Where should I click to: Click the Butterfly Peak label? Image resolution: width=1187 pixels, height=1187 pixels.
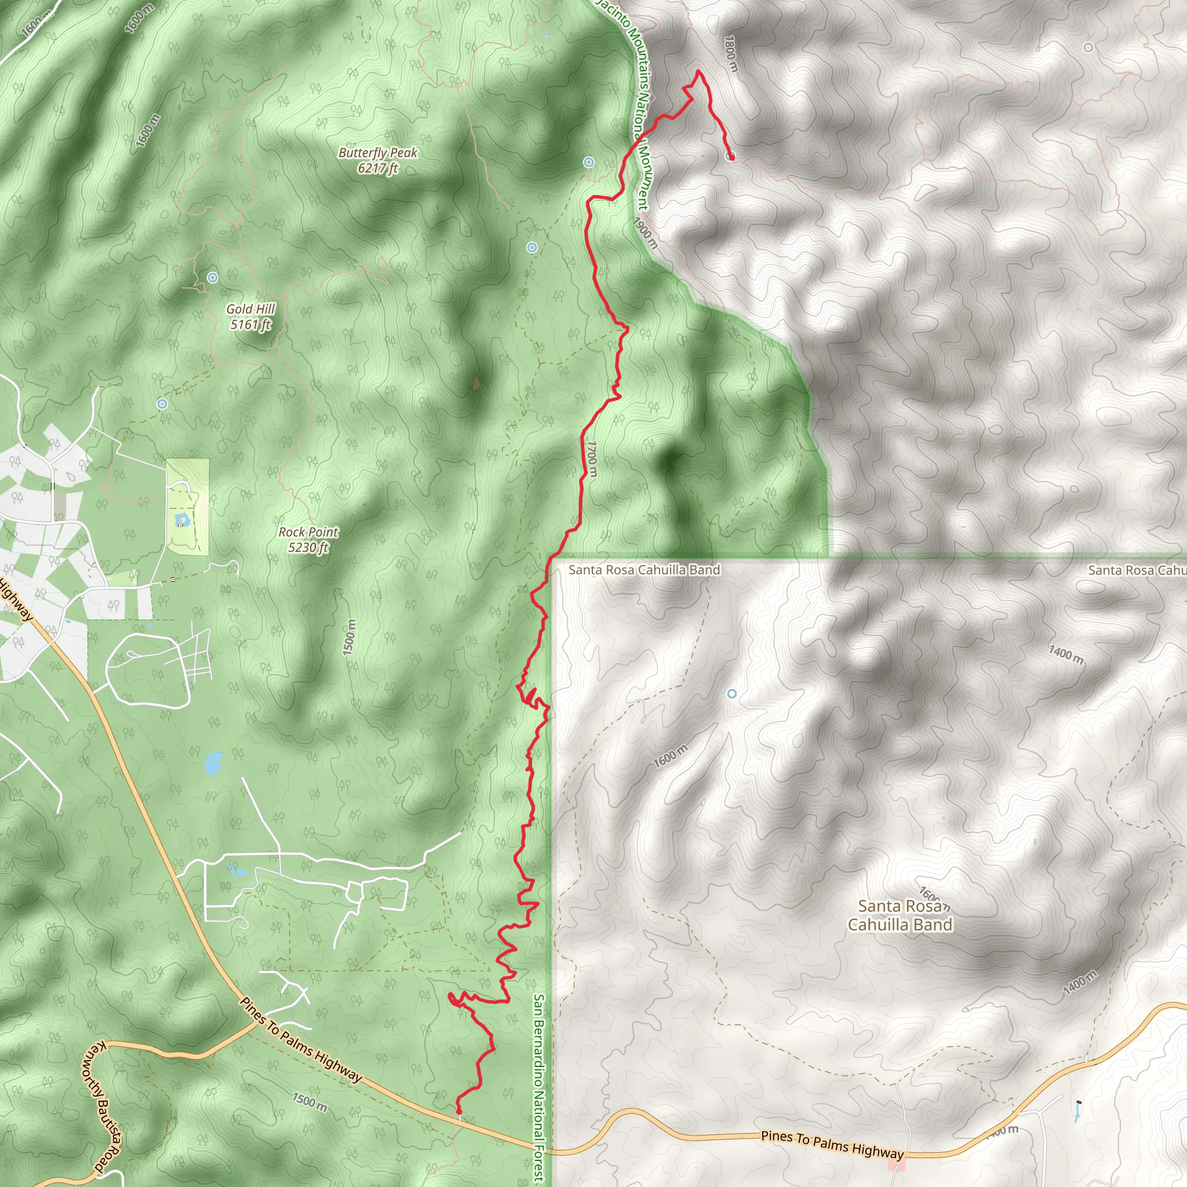[x=378, y=160]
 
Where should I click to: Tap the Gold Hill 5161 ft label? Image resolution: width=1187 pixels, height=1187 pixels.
[x=250, y=316]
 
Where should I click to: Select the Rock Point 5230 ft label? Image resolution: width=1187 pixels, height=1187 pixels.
[x=308, y=540]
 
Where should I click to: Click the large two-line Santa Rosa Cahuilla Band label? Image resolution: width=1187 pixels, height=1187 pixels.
[x=900, y=915]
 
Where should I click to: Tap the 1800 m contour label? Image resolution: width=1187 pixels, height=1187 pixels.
[x=730, y=53]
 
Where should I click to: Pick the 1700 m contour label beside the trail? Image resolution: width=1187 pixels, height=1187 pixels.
[x=591, y=458]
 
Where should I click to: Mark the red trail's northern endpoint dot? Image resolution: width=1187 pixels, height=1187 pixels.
[x=731, y=156]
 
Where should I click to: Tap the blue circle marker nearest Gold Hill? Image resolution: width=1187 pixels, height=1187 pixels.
[x=213, y=278]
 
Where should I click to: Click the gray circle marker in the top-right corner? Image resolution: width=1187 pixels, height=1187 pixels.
[x=1088, y=48]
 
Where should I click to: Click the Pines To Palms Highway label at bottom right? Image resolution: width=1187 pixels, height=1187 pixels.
[x=832, y=1145]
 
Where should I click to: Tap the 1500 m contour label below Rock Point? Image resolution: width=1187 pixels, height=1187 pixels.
[x=349, y=637]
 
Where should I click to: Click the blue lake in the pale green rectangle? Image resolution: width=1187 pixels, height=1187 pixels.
[x=181, y=520]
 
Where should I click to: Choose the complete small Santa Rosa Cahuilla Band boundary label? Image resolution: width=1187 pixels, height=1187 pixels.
[x=644, y=570]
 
